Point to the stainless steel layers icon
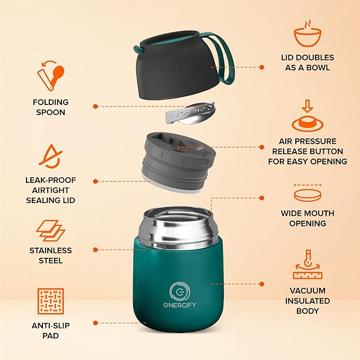pyautogui.click(x=50, y=230)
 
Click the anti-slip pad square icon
pyautogui.click(x=50, y=301)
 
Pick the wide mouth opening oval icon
pyautogui.click(x=308, y=194)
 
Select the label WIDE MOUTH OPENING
pyautogui.click(x=308, y=218)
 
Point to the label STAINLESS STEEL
pyautogui.click(x=50, y=256)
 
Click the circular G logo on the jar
pyautogui.click(x=178, y=291)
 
